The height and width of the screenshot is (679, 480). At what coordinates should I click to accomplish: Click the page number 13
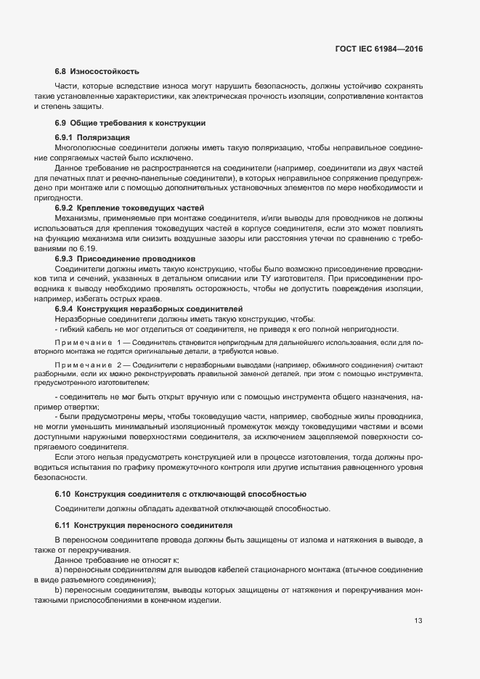click(x=418, y=620)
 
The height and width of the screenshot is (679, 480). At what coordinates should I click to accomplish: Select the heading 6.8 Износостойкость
click(x=97, y=71)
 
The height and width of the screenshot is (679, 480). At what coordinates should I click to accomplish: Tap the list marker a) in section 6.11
click(x=59, y=570)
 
